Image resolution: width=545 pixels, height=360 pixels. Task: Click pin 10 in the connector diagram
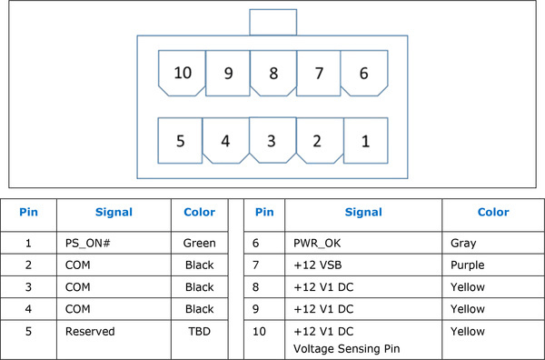pyautogui.click(x=182, y=73)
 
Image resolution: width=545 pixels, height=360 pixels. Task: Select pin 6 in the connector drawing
pyautogui.click(x=364, y=73)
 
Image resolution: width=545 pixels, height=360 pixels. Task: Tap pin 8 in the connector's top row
pyautogui.click(x=272, y=73)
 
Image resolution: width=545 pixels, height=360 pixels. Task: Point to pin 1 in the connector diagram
pyautogui.click(x=364, y=141)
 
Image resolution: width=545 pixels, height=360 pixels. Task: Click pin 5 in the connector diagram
pyautogui.click(x=182, y=141)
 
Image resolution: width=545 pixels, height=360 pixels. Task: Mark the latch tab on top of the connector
pyautogui.click(x=272, y=22)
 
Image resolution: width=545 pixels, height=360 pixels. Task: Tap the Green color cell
pyautogui.click(x=199, y=243)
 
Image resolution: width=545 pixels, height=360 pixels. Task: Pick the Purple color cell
pyautogui.click(x=469, y=265)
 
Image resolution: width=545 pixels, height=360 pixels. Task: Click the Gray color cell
pyautogui.click(x=463, y=243)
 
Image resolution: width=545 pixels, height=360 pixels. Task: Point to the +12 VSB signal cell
pyautogui.click(x=317, y=265)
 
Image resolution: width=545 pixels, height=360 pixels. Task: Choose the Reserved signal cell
pyautogui.click(x=89, y=332)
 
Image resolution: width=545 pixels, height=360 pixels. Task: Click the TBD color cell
pyautogui.click(x=199, y=332)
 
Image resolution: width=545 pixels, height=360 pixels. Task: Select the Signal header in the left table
pyautogui.click(x=114, y=212)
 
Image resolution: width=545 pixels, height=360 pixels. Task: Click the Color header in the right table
pyautogui.click(x=493, y=212)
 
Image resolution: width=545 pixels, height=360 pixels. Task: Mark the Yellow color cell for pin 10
pyautogui.click(x=468, y=332)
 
